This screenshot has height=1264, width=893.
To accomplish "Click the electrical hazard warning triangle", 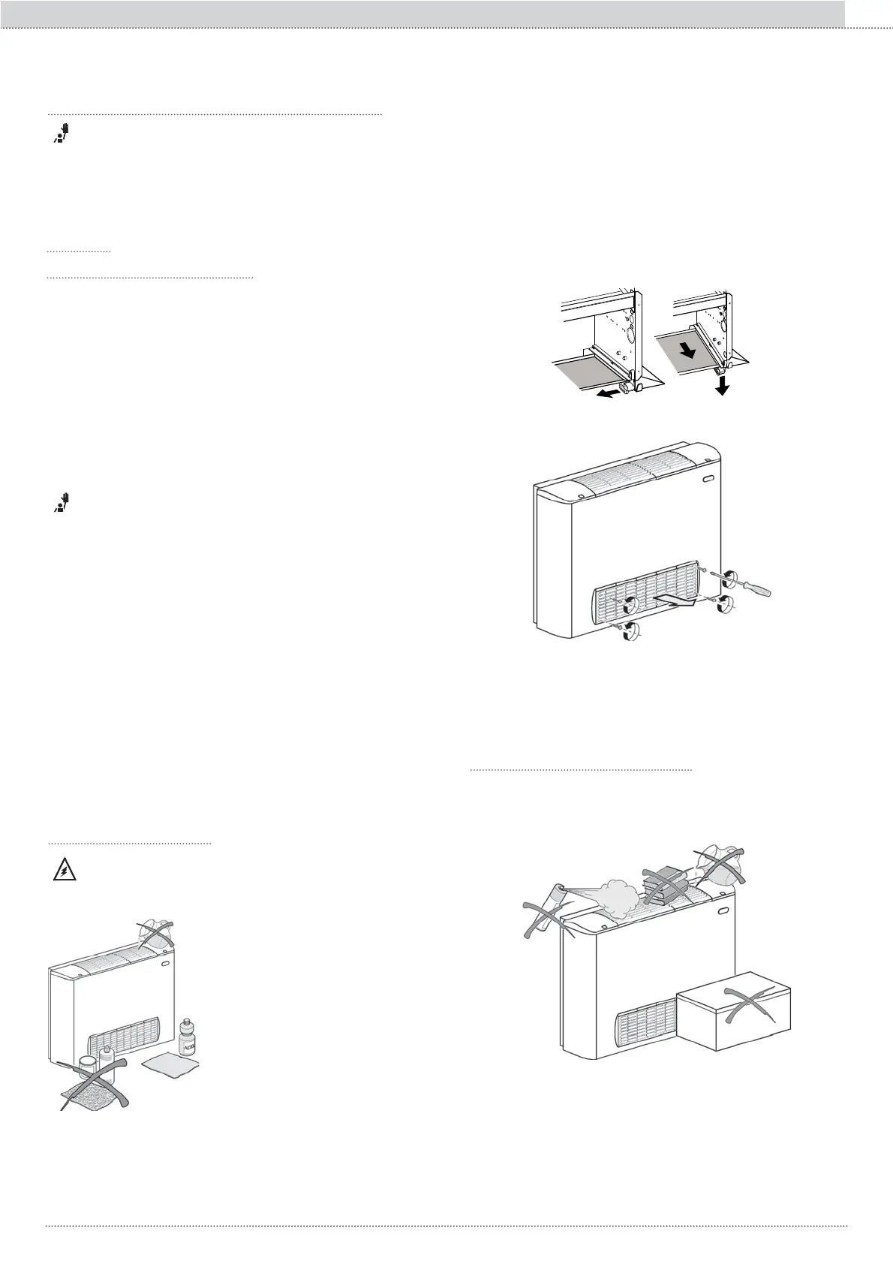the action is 63,871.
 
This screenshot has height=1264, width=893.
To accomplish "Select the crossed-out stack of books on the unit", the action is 663,885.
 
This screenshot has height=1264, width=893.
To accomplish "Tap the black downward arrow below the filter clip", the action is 722,384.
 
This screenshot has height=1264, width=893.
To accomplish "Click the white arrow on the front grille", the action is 677,600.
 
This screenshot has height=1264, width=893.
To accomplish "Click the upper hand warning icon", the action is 62,134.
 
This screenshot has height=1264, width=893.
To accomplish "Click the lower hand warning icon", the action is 62,501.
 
